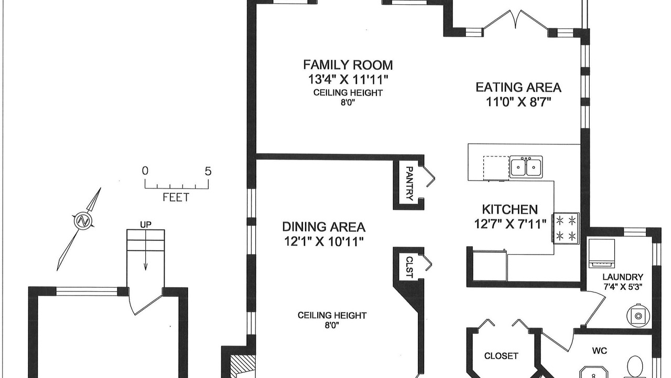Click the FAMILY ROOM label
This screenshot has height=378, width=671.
[348, 65]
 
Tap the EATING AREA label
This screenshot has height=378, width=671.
[518, 87]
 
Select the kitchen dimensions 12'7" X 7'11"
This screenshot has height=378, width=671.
[510, 224]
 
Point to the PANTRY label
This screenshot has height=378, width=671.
[409, 184]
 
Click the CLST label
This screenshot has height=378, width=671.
[409, 267]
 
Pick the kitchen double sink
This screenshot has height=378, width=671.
[526, 166]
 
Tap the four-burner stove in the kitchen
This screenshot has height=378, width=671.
[566, 228]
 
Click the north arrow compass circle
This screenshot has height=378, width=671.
[82, 221]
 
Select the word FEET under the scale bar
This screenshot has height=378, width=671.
[176, 197]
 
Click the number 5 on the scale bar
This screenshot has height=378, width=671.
[208, 171]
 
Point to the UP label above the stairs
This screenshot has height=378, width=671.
[146, 224]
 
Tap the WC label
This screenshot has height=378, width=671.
[599, 350]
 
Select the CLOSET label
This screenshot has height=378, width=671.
[501, 356]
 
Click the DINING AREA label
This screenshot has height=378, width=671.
[324, 227]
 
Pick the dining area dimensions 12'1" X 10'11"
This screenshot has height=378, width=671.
[324, 241]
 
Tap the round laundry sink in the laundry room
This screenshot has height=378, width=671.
[638, 316]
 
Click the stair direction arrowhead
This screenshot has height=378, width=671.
[146, 267]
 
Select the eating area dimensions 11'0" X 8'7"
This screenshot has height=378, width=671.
[518, 102]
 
